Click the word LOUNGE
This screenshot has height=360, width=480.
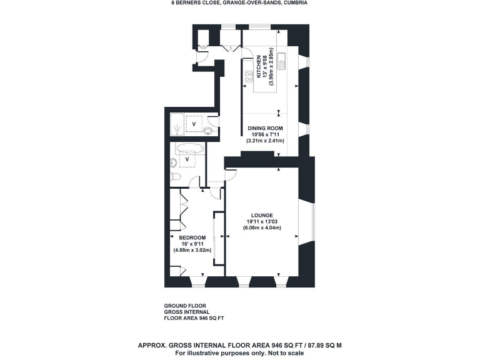click(262, 215)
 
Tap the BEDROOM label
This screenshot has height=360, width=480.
click(192, 237)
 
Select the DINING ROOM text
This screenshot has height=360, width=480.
click(261, 128)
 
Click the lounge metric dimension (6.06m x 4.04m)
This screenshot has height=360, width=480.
click(262, 227)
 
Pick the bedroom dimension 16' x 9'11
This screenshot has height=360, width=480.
click(192, 244)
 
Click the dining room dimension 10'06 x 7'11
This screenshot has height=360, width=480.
click(261, 134)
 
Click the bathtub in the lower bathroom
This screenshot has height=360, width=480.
click(187, 149)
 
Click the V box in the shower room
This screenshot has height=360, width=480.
click(193, 124)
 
